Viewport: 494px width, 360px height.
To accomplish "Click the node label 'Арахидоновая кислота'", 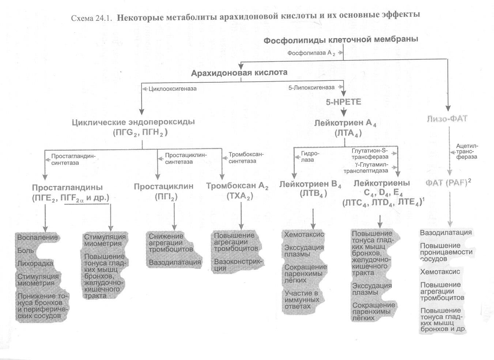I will coord(239,72).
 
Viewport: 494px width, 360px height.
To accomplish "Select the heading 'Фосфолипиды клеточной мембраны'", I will coord(341,40).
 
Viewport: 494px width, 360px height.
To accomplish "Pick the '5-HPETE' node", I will coord(343,102).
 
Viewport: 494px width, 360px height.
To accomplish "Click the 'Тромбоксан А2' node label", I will coord(237,186).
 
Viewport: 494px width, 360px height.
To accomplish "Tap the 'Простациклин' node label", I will coord(163,186).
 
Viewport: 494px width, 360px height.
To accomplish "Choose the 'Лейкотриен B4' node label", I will coord(310,184).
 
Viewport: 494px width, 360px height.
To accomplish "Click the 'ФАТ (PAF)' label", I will coord(448,183).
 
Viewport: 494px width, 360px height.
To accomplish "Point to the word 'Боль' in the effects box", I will coord(26,251).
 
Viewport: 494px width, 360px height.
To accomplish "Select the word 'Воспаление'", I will coord(37,237).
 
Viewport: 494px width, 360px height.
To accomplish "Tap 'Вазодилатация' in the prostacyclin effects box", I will coord(175,262).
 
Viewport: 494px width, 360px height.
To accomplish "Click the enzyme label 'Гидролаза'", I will coord(308,157).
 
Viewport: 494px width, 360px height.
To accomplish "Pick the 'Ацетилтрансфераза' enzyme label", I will coord(466,151).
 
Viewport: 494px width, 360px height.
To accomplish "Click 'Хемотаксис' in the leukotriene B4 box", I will coord(304,234).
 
